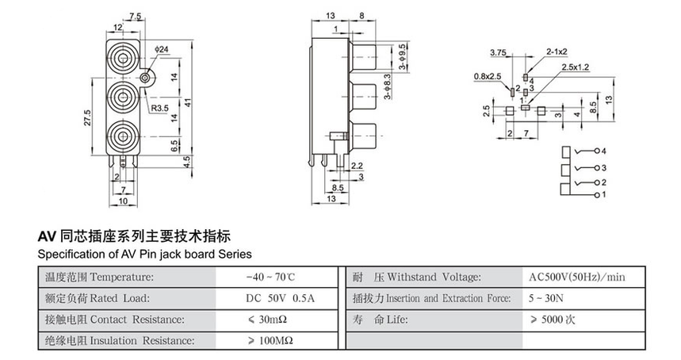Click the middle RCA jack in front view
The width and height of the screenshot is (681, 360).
(123, 98)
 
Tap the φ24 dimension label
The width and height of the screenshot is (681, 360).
(162, 50)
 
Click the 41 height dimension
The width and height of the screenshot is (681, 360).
(189, 102)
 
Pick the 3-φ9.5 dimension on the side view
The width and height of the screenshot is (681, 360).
(404, 56)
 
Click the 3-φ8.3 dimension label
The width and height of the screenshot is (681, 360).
(387, 88)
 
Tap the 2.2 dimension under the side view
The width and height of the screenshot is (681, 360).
(357, 166)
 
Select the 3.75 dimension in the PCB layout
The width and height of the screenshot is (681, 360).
(499, 53)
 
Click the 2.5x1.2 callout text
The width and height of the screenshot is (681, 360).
(576, 67)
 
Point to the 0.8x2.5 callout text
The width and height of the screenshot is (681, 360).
(488, 76)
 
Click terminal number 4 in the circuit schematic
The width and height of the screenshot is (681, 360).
(603, 151)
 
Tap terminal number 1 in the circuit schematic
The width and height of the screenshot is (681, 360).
(603, 194)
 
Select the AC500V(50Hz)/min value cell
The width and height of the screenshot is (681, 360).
(576, 277)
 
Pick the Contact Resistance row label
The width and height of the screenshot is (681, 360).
(115, 320)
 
